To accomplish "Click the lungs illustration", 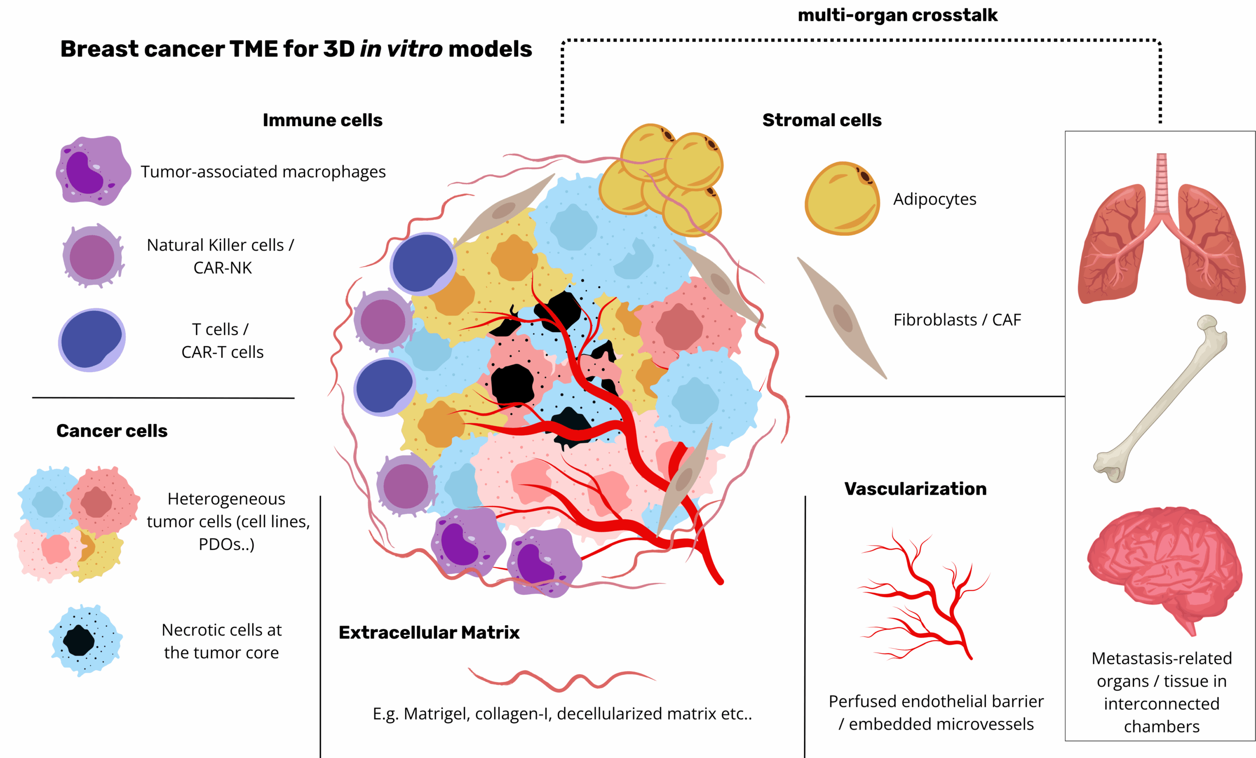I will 1161,234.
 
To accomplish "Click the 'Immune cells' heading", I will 322,120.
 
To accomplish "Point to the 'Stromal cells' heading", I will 822,120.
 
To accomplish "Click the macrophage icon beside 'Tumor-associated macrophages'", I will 93,171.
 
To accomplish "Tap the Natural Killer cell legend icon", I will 92,256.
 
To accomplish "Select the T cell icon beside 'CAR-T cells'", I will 92,340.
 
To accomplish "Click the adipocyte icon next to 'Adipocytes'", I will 841,199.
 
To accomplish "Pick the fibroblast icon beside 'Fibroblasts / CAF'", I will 842,318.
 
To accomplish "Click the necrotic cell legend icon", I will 85,640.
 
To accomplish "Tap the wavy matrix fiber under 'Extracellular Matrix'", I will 561,680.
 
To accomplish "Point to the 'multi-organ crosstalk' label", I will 897,15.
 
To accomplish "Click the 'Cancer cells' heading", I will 112,431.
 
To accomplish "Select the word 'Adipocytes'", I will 934,199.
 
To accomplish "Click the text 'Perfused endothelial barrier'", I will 936,702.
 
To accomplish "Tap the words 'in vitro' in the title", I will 401,50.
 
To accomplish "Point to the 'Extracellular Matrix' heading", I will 429,632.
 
